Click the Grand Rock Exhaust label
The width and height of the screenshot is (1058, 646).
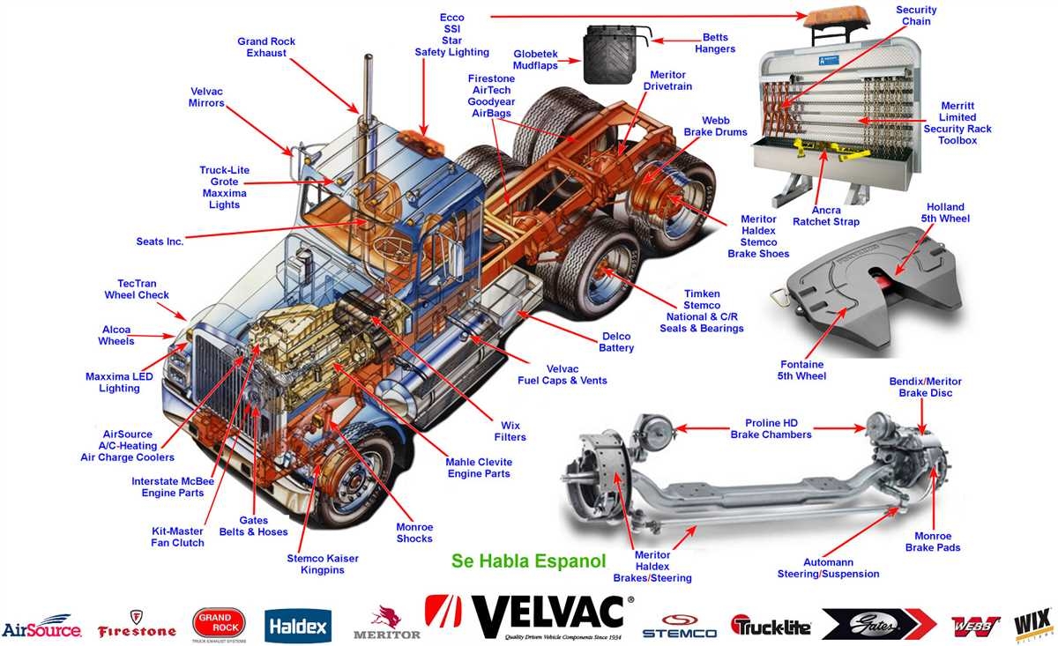[x=266, y=48]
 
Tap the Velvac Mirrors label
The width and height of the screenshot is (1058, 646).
[x=207, y=97]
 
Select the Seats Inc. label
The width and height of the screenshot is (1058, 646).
[x=160, y=241]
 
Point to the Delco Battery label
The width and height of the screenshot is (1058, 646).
[x=616, y=342]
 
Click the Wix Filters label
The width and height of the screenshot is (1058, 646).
[x=510, y=431]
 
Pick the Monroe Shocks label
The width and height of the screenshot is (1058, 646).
[x=414, y=532]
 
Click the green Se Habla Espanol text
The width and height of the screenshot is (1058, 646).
[x=529, y=561]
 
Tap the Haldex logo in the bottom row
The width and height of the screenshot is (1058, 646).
[x=297, y=627]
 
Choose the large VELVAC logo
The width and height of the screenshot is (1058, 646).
[x=529, y=616]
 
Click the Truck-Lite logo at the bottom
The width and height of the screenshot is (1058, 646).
[x=771, y=625]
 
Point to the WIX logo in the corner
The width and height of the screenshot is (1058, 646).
[x=1032, y=624]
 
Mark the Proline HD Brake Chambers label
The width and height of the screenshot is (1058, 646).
[x=771, y=428]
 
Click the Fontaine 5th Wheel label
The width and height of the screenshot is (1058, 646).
[x=802, y=370]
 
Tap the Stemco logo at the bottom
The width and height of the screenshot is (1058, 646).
[x=679, y=626]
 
